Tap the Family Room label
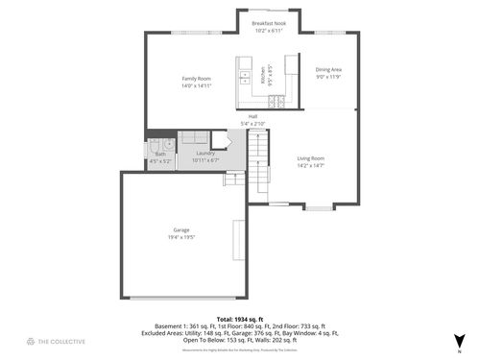[196, 78]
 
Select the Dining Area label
[328, 69]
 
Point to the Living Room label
[310, 157]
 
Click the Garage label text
[180, 229]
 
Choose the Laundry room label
[205, 154]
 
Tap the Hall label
[252, 116]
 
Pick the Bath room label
[160, 154]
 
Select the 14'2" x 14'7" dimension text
[310, 165]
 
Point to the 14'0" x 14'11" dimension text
[196, 85]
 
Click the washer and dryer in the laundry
[195, 138]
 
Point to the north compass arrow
[459, 337]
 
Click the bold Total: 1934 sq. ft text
[239, 318]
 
